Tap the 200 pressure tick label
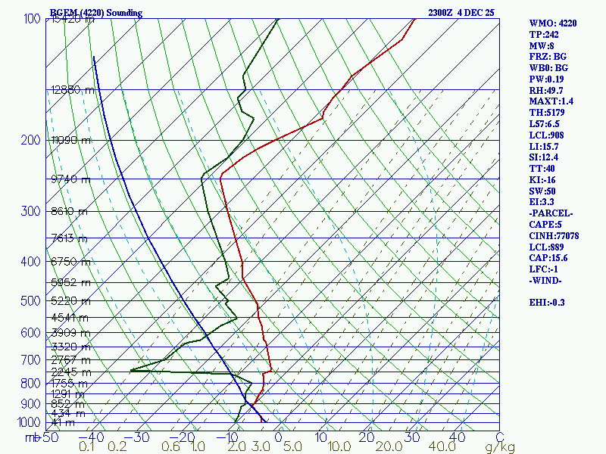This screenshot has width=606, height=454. pyautogui.click(x=30, y=141)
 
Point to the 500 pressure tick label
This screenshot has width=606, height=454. pyautogui.click(x=30, y=302)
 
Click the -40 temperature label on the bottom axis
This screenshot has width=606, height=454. pyautogui.click(x=95, y=437)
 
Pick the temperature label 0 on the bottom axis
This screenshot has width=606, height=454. pyautogui.click(x=278, y=437)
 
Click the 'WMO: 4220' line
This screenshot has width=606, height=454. pyautogui.click(x=553, y=23)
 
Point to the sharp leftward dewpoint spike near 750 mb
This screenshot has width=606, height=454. pyautogui.click(x=131, y=370)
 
